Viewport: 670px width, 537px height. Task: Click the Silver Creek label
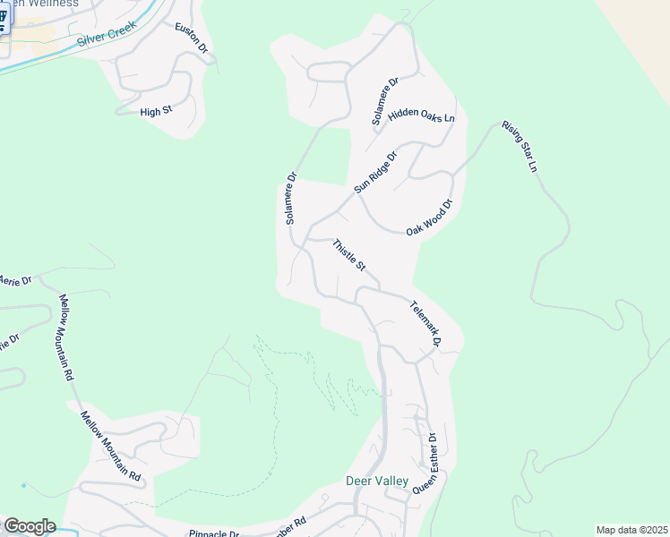(x=104, y=37)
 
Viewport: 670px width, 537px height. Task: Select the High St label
(x=155, y=112)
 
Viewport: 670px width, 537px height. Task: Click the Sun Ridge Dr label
(x=374, y=172)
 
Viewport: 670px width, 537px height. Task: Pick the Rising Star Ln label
(x=520, y=147)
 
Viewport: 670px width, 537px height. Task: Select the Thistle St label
(x=349, y=255)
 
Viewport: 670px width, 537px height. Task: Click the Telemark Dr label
(x=425, y=323)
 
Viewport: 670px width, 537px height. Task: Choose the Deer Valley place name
(x=377, y=482)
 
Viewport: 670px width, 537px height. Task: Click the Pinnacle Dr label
(x=213, y=533)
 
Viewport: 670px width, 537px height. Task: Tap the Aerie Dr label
(x=15, y=280)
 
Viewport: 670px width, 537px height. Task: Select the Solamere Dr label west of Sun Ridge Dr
(x=290, y=199)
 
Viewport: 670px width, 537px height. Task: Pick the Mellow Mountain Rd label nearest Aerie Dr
(x=64, y=337)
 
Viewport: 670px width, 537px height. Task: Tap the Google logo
(x=29, y=526)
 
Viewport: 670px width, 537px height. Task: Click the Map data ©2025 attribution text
(x=631, y=530)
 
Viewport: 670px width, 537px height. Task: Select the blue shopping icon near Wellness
(x=3, y=19)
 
